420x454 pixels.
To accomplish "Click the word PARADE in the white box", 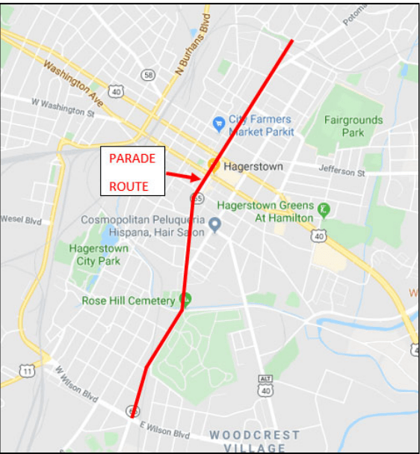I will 132,159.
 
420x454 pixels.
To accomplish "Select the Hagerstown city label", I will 253,167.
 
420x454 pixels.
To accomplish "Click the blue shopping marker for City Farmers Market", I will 219,122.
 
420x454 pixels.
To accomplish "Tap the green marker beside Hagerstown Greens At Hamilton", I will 324,209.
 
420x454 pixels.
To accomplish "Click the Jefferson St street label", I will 342,172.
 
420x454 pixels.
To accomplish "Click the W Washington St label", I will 63,107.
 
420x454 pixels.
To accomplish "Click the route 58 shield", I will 149,75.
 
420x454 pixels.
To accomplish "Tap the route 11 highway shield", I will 28,371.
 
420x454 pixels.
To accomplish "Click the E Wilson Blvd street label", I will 165,430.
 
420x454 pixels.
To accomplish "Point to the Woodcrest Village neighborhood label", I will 254,441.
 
